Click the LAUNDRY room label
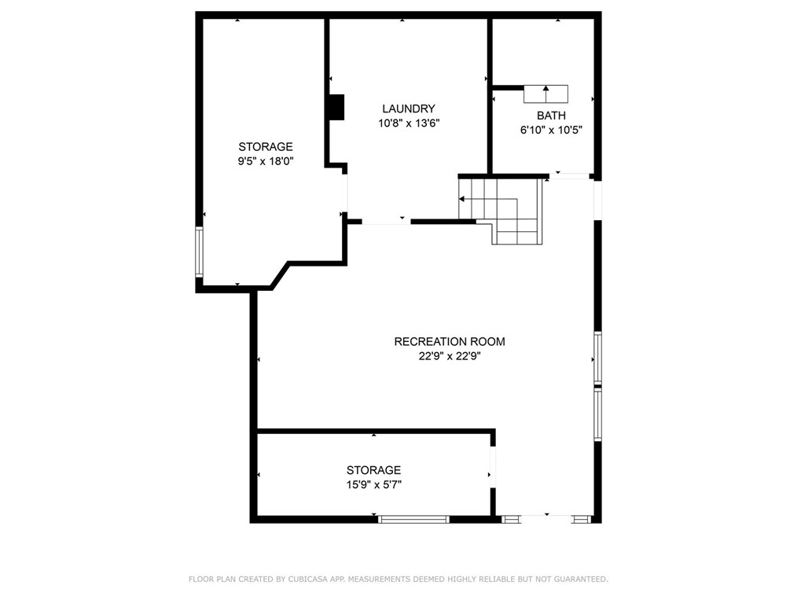pyautogui.click(x=409, y=109)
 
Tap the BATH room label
pyautogui.click(x=551, y=116)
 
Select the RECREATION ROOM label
pyautogui.click(x=450, y=342)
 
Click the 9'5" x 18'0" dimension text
pyautogui.click(x=266, y=161)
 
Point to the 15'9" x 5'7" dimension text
pyautogui.click(x=374, y=484)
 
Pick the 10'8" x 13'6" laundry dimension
pyautogui.click(x=409, y=123)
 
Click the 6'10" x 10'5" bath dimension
pyautogui.click(x=551, y=130)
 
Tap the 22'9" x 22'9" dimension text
pyautogui.click(x=450, y=356)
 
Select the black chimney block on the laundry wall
pyautogui.click(x=336, y=107)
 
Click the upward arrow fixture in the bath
pyautogui.click(x=546, y=94)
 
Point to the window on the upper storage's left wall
pyautogui.click(x=200, y=252)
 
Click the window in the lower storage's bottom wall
pyautogui.click(x=413, y=519)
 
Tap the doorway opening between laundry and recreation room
pyautogui.click(x=386, y=222)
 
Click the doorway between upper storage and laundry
pyautogui.click(x=346, y=193)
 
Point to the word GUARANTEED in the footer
pyautogui.click(x=581, y=579)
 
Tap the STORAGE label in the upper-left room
pyautogui.click(x=266, y=147)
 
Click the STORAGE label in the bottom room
pyautogui.click(x=374, y=470)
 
